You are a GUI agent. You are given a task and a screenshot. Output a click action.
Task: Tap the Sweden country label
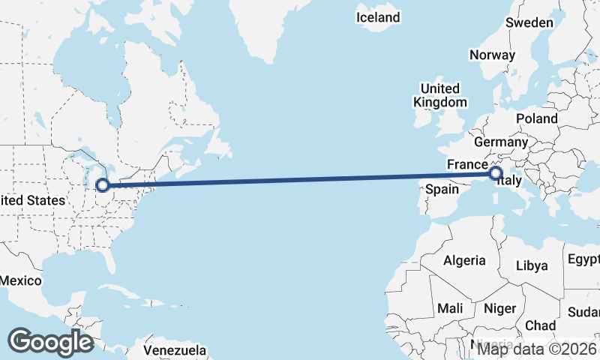click(x=529, y=22)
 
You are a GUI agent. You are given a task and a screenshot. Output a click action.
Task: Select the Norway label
click(x=492, y=55)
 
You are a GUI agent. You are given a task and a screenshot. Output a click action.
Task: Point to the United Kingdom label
click(x=440, y=95)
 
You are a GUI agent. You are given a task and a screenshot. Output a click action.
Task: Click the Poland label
click(x=536, y=118)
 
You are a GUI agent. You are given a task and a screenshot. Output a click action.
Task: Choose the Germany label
click(x=501, y=142)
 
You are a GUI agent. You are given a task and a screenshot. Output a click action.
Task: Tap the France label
click(x=467, y=164)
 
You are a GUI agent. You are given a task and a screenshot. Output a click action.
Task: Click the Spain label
click(x=442, y=189)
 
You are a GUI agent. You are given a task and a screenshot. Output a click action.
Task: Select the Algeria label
click(x=465, y=261)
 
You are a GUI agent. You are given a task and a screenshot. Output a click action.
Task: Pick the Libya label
click(x=532, y=265)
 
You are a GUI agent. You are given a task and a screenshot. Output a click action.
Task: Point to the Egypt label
click(x=583, y=259)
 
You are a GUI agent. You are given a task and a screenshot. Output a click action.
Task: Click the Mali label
click(x=450, y=308)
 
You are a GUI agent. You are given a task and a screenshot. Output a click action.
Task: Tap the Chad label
click(x=540, y=325)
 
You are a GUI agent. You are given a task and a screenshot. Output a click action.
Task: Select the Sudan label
click(x=583, y=312)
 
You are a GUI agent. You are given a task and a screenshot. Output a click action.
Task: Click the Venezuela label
click(x=175, y=350)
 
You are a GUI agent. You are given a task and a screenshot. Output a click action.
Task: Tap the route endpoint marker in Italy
click(x=496, y=174)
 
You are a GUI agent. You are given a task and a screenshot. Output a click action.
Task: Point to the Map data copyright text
click(x=537, y=349)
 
